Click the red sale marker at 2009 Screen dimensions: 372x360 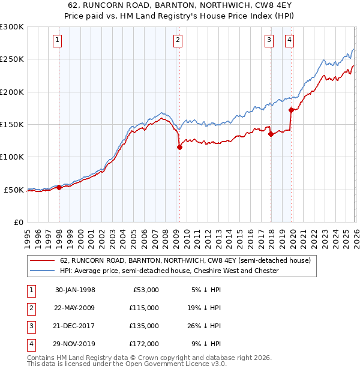coord(179,147)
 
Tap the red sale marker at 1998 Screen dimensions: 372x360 coord(59,187)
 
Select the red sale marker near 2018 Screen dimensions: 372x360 coord(271,134)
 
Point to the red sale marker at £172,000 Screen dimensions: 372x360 coord(291,110)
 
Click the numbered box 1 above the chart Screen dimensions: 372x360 coord(57,40)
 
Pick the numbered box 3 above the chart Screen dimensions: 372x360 coord(269,40)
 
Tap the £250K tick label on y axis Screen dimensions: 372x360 coord(12,59)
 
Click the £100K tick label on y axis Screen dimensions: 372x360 coord(12,157)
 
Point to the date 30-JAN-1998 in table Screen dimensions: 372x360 coord(75,290)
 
